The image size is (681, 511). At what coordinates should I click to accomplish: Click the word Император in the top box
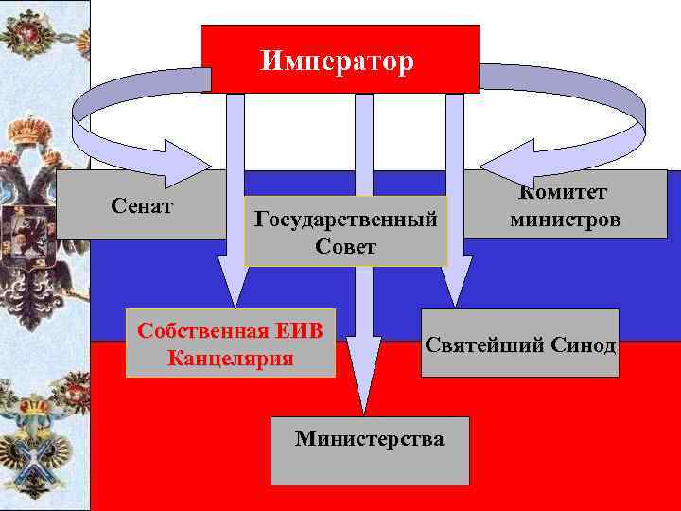[x=338, y=62]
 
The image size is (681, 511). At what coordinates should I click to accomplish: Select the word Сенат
[x=141, y=205]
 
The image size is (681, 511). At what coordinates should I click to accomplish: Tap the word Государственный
[x=345, y=220]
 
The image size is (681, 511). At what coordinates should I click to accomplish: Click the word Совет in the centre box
[x=345, y=246]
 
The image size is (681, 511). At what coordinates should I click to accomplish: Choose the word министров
[x=565, y=220]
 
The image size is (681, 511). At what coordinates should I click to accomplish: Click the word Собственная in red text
[x=203, y=331]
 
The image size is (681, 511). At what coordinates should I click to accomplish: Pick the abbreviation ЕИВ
[x=299, y=331]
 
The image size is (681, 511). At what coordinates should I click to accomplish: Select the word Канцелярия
[x=230, y=358]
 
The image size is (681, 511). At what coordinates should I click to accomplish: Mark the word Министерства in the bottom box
[x=369, y=438]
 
